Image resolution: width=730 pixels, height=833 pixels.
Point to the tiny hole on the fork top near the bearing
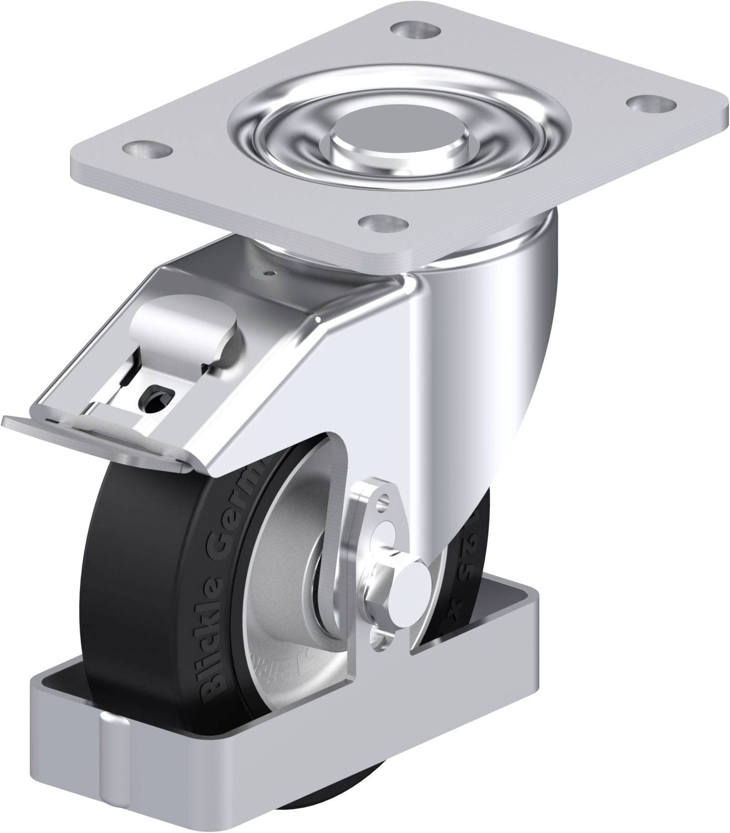point(272,273)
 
